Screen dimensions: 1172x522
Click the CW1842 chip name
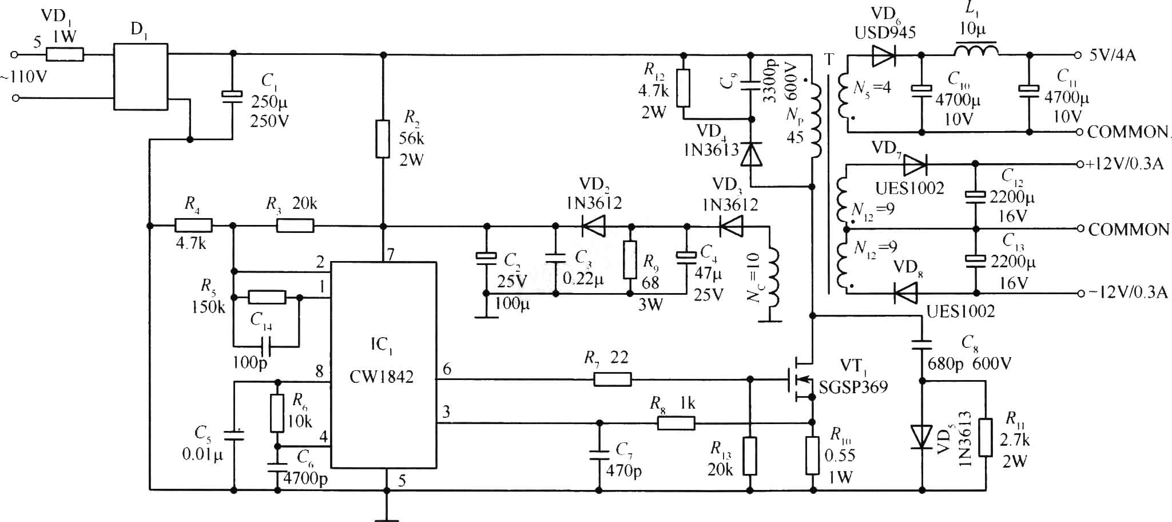(x=382, y=377)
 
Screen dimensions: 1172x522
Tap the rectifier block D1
(x=141, y=77)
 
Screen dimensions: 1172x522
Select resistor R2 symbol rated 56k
(x=383, y=139)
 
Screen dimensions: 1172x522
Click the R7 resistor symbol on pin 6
(x=613, y=379)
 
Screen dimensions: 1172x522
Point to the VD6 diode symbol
(x=884, y=56)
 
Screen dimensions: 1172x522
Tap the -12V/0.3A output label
(x=1124, y=292)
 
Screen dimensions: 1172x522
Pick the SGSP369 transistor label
(x=853, y=387)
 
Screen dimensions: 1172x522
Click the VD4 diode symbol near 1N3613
(x=752, y=154)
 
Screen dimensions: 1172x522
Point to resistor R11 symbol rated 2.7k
(x=985, y=437)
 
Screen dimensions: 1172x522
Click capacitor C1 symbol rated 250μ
(x=233, y=96)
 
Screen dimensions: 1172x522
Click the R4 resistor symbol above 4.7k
(x=193, y=226)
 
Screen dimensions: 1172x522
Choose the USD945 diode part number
(x=885, y=33)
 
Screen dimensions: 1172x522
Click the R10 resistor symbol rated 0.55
(x=812, y=456)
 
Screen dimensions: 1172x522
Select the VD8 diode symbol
(x=905, y=293)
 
